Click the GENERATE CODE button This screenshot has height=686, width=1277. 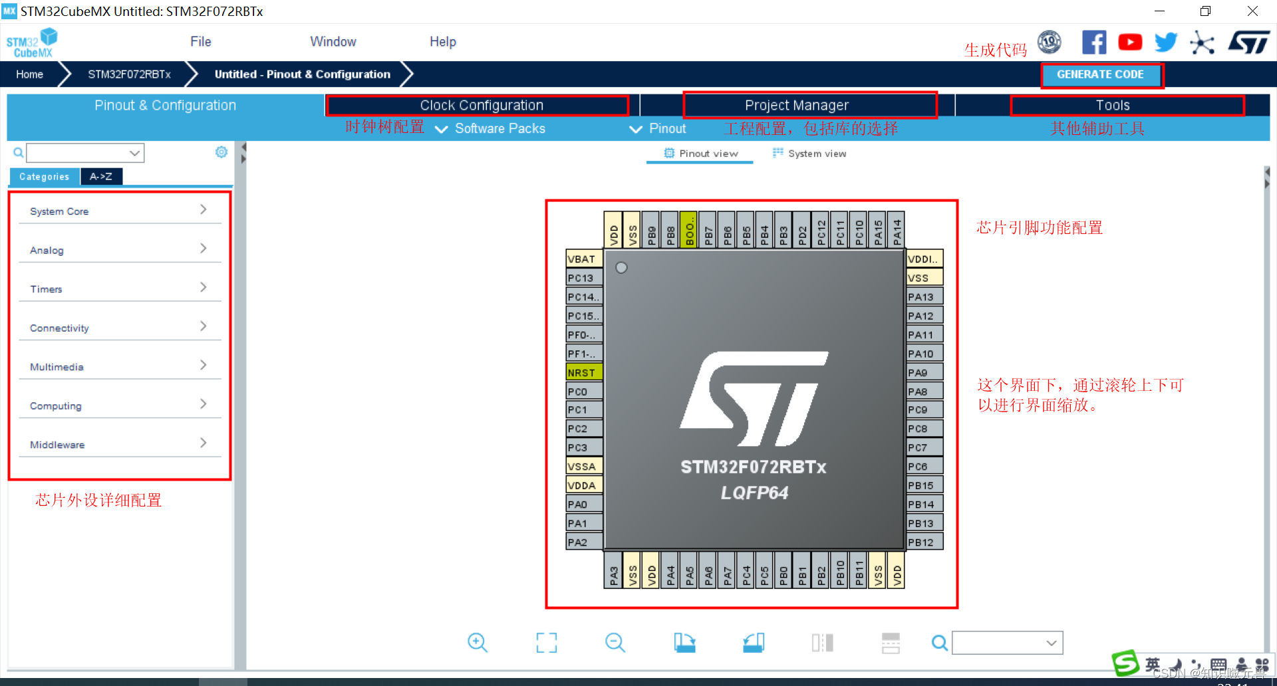point(1100,75)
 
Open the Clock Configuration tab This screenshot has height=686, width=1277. point(481,105)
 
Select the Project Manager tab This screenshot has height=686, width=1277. point(796,105)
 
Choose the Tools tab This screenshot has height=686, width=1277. point(1112,105)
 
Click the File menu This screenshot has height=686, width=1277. point(200,42)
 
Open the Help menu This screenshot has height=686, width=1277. point(442,42)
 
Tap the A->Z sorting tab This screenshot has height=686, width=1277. point(101,177)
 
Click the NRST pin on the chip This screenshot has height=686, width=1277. point(583,372)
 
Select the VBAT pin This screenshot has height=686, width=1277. point(583,259)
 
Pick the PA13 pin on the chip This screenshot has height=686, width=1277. point(923,296)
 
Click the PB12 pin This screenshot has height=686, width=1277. point(923,542)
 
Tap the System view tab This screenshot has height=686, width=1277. point(809,154)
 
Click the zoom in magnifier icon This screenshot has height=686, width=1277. point(477,642)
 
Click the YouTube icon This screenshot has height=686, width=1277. point(1130,43)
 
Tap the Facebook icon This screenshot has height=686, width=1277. point(1094,43)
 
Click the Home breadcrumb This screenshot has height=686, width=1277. point(30,74)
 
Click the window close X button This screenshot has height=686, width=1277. point(1252,11)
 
